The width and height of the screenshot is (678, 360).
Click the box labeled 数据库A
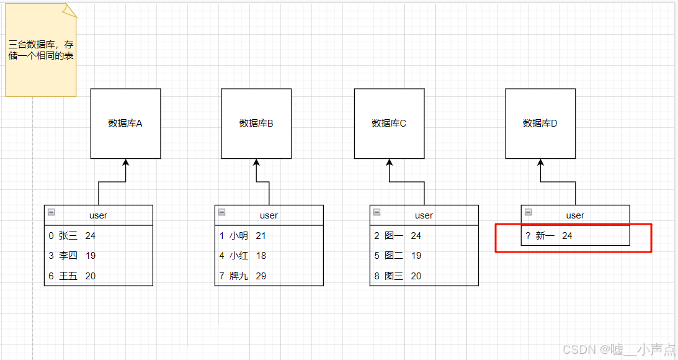(x=125, y=123)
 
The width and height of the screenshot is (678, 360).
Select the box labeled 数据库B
(x=256, y=123)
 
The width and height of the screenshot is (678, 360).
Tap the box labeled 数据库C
(x=389, y=123)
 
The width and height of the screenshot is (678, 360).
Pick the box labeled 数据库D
(x=540, y=123)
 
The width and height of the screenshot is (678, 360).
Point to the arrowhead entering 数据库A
(x=125, y=163)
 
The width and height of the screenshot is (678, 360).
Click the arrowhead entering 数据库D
(x=540, y=163)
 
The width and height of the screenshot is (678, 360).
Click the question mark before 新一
(x=527, y=236)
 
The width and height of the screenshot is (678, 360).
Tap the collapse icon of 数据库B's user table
(x=221, y=212)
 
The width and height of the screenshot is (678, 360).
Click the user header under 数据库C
(x=424, y=215)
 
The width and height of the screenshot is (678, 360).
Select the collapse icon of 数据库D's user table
(x=528, y=212)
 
